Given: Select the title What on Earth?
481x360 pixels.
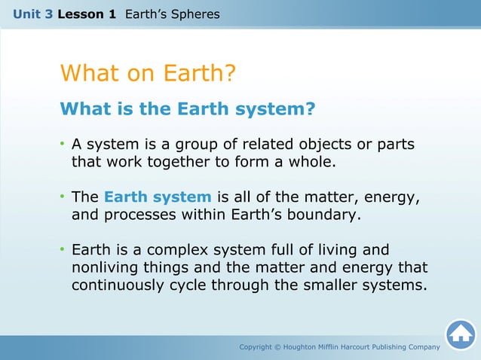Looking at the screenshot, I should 148,74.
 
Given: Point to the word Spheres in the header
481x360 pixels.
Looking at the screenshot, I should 195,14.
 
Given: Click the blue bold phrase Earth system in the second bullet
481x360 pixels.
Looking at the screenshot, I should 158,197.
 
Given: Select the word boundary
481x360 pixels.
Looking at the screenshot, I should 322,215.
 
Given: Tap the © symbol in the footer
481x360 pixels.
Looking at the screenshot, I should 277,347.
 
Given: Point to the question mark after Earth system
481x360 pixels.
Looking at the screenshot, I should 309,109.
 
